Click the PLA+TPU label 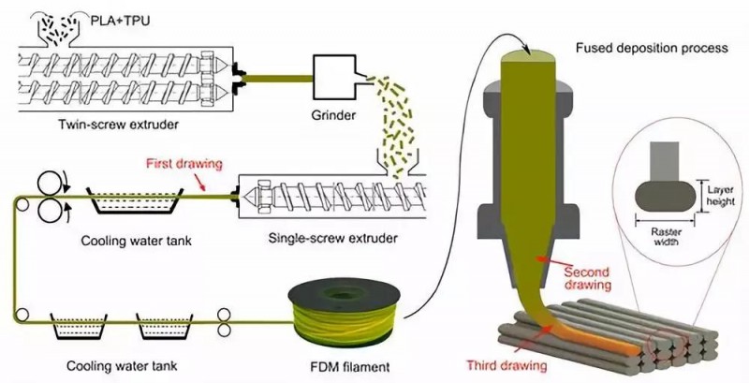point(120,22)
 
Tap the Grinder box point(334,76)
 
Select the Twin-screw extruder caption point(119,125)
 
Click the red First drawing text point(184,164)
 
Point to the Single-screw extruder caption point(332,237)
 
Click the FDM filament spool point(344,314)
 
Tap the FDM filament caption point(349,367)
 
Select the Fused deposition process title point(652,49)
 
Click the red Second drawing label point(587,278)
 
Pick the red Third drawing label point(507,366)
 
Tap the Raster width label point(665,237)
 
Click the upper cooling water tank point(135,200)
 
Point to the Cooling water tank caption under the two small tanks point(122,366)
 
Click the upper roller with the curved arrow point(50,183)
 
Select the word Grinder point(333,115)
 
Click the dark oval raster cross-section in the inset point(665,197)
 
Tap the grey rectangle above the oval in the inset point(665,161)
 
